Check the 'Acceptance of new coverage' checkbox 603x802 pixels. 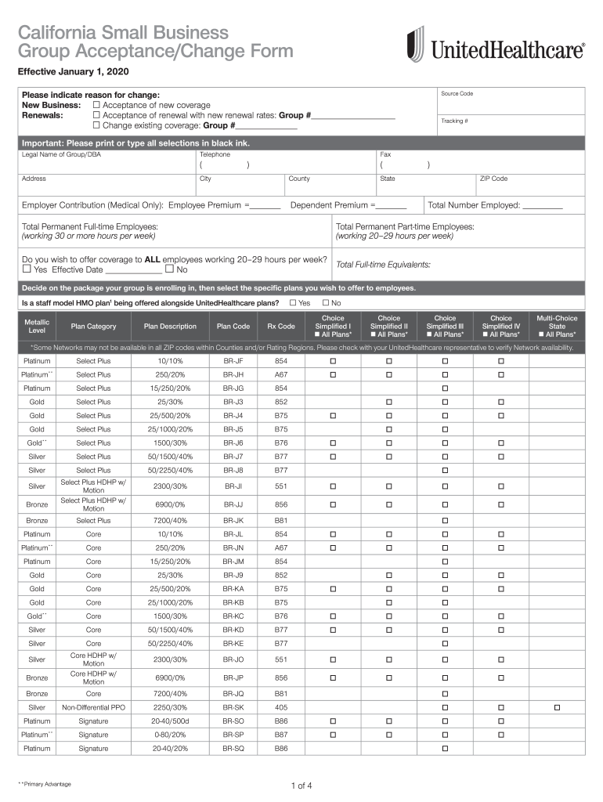tap(96, 105)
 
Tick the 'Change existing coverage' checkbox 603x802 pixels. tap(96, 125)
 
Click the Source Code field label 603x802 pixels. tap(457, 94)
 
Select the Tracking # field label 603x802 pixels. tap(454, 121)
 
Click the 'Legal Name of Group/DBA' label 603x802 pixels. tap(61, 154)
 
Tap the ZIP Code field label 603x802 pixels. tap(493, 179)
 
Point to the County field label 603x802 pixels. tap(299, 179)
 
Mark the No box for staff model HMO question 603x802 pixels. tap(326, 302)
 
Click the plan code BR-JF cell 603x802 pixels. tap(233, 361)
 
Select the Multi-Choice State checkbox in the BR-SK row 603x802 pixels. tap(557, 707)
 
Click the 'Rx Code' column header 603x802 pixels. tap(281, 327)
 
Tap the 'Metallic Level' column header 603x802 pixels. tap(37, 327)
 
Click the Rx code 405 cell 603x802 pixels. tap(281, 707)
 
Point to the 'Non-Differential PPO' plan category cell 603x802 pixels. tap(93, 707)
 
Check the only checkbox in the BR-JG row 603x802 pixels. tap(445, 388)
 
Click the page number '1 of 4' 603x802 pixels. tap(301, 786)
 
